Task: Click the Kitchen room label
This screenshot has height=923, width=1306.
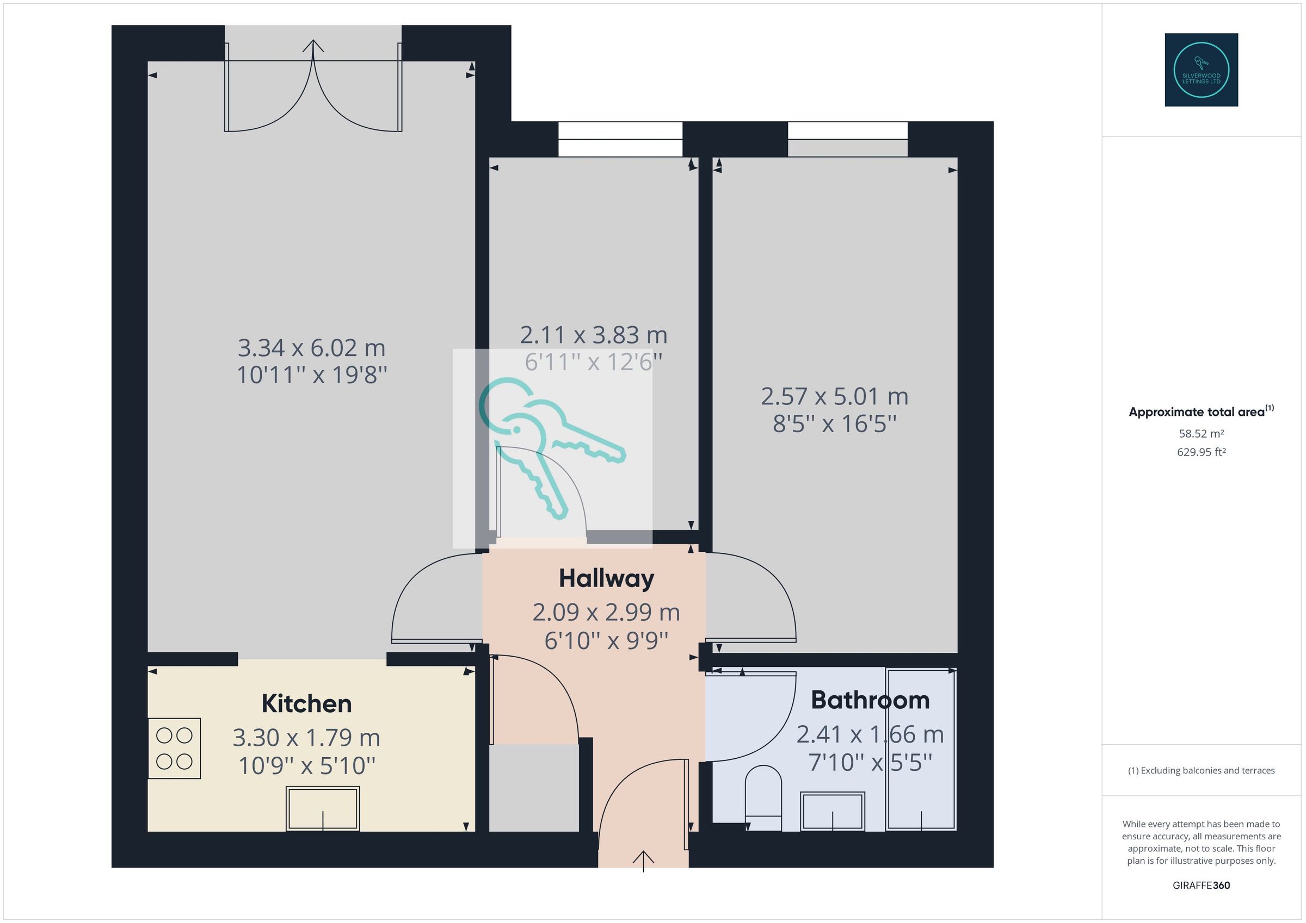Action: click(306, 704)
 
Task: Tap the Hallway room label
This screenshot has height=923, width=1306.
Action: click(606, 578)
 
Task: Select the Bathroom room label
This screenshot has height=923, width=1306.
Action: click(870, 700)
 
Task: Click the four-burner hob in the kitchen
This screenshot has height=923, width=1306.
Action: click(174, 748)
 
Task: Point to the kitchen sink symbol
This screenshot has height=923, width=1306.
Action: click(323, 809)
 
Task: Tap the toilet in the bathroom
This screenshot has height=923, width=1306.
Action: click(763, 798)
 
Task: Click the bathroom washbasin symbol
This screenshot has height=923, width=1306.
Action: click(833, 811)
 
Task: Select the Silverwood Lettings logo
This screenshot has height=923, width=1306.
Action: click(1202, 70)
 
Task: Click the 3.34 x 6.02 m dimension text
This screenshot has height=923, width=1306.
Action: click(311, 347)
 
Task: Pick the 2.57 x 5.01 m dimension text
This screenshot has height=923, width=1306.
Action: click(834, 396)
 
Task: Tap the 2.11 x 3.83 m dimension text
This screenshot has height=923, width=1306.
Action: click(593, 335)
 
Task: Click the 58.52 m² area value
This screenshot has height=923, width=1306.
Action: click(1202, 434)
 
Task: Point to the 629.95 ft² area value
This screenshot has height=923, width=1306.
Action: click(1202, 452)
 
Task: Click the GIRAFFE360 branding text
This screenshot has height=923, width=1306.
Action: click(1202, 885)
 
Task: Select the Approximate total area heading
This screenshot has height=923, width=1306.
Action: click(1202, 411)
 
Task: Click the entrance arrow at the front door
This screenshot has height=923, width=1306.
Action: click(643, 861)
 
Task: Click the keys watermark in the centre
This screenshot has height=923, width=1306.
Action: click(552, 449)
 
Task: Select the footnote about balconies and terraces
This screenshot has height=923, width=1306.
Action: click(1202, 771)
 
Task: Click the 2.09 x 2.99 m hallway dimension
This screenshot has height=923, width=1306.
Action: click(606, 612)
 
